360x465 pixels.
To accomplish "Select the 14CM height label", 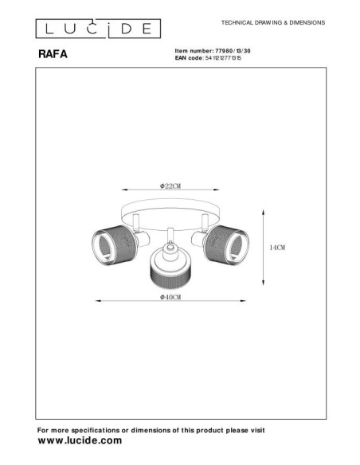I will pos(276,248).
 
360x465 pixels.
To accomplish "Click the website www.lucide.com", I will pos(80,440).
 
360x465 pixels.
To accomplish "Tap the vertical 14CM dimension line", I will pos(264,247).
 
